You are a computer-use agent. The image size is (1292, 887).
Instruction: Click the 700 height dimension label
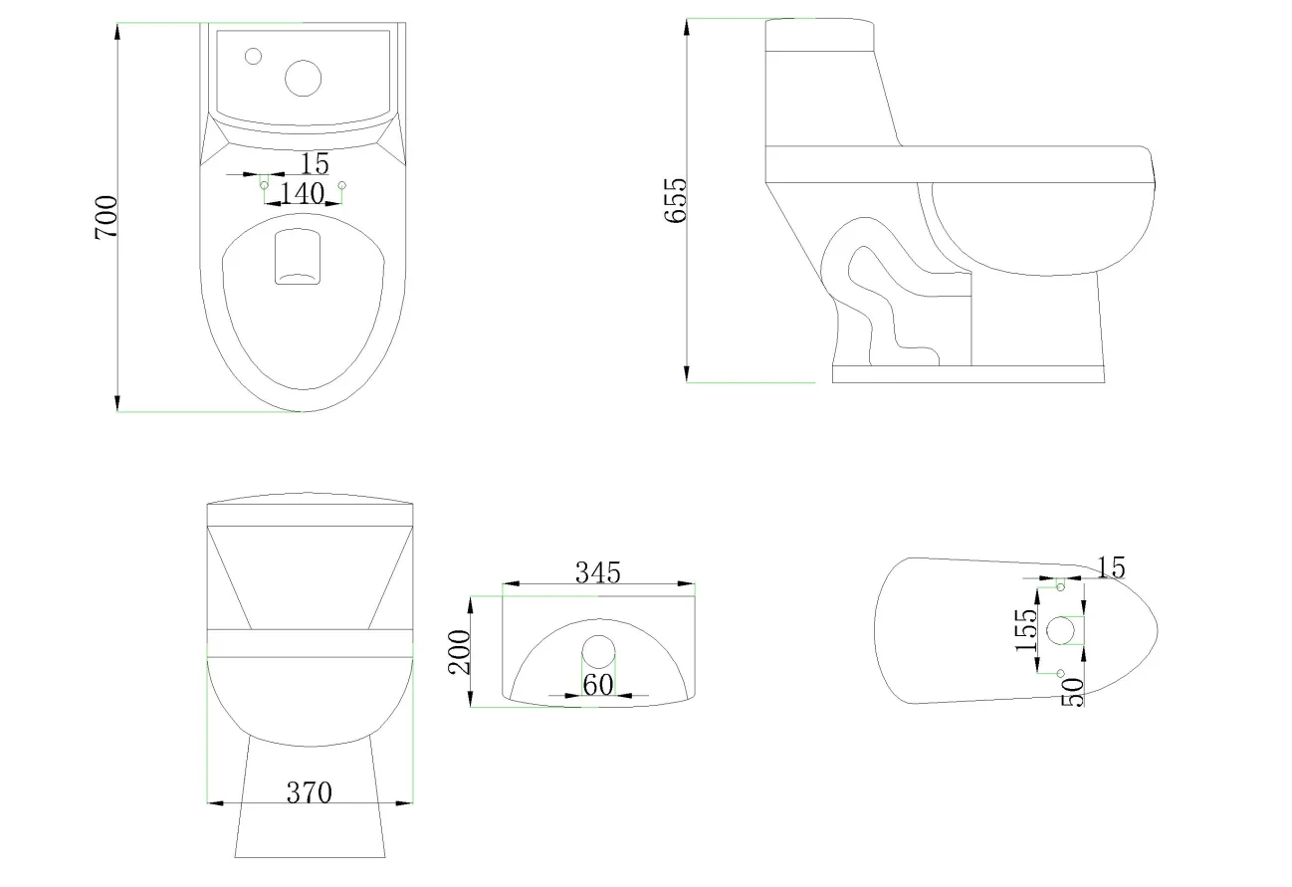[106, 216]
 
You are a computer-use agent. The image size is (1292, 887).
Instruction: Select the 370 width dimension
[310, 793]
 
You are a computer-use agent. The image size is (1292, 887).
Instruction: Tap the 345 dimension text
[597, 572]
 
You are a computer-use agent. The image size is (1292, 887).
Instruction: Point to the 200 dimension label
[460, 652]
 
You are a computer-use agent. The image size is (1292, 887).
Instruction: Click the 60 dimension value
[597, 685]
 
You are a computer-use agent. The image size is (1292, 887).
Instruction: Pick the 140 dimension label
[303, 193]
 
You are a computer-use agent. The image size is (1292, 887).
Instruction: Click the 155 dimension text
[1023, 630]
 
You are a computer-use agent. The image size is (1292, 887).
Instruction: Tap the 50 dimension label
[1072, 692]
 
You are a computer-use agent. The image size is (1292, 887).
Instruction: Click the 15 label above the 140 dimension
[315, 162]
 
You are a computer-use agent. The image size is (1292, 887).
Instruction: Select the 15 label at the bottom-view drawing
[1111, 567]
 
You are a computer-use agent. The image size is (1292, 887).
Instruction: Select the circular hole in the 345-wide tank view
[598, 651]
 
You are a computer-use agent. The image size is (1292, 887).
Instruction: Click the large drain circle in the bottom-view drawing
[1061, 629]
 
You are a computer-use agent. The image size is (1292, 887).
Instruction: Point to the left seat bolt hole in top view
[264, 185]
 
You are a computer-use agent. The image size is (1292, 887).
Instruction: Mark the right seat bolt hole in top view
[341, 185]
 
